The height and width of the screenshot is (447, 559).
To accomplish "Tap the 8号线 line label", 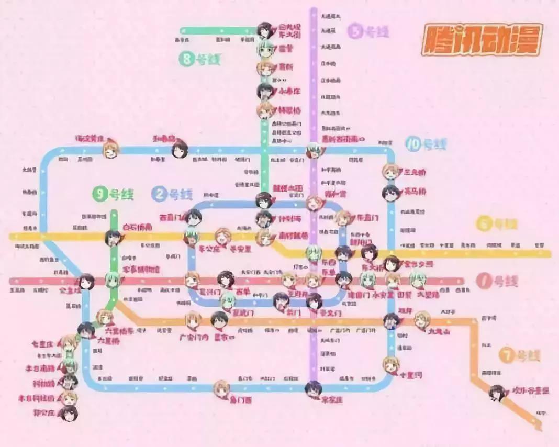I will click(200, 60).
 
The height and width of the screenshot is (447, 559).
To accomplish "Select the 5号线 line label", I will click(368, 31).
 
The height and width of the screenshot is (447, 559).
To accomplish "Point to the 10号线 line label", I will click(427, 144).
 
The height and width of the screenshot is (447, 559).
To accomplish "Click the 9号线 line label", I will click(113, 195).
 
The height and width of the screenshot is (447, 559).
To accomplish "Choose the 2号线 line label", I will click(173, 195).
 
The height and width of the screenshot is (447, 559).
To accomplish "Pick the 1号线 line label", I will click(497, 281).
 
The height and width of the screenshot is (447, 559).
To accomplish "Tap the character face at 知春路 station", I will click(180, 150).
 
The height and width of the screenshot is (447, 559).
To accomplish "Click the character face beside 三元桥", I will click(390, 172).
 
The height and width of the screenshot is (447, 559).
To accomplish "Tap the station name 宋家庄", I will click(332, 400).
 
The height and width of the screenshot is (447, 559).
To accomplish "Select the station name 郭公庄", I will click(44, 413).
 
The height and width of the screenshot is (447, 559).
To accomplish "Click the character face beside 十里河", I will click(390, 364).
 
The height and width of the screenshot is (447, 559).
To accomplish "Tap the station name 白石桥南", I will click(137, 228).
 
